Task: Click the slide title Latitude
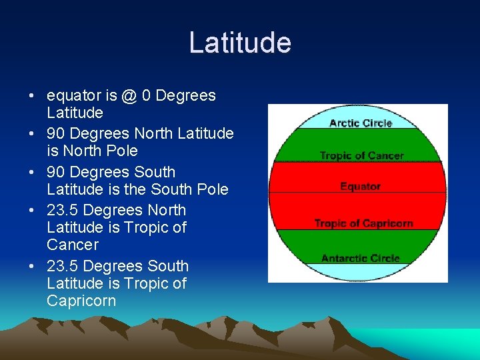coord(240,43)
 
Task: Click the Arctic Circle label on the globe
coord(361,123)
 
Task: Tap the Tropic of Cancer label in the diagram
coord(361,155)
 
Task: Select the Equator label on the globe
coord(360,186)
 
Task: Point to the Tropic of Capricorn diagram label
coord(363,223)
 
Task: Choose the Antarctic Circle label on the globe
coord(360,258)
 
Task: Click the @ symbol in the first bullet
coord(129,96)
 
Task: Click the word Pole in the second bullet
coord(121,151)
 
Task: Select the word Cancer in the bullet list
coord(72,245)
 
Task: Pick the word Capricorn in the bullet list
coord(81,301)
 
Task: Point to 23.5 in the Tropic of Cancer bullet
coord(63,210)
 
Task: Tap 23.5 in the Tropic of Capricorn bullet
coord(63,266)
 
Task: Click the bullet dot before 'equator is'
coord(33,96)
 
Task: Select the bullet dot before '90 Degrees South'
coord(33,173)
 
